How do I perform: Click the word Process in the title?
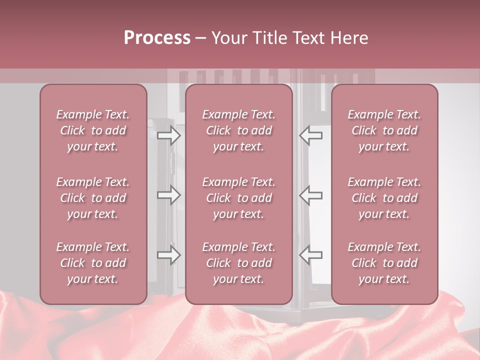pyautogui.click(x=157, y=38)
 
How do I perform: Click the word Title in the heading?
pyautogui.click(x=269, y=38)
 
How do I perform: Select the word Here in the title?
pyautogui.click(x=348, y=38)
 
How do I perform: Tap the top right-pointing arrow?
pyautogui.click(x=169, y=135)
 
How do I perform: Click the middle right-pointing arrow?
pyautogui.click(x=169, y=195)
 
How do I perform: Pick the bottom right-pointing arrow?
pyautogui.click(x=169, y=255)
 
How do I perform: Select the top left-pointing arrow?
pyautogui.click(x=310, y=135)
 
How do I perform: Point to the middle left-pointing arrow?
pyautogui.click(x=310, y=195)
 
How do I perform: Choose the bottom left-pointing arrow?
pyautogui.click(x=310, y=255)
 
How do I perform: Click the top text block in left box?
pyautogui.click(x=93, y=130)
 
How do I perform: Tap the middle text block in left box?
pyautogui.click(x=93, y=198)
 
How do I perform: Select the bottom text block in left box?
pyautogui.click(x=93, y=263)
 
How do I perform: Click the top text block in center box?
pyautogui.click(x=239, y=130)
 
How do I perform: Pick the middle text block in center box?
pyautogui.click(x=239, y=198)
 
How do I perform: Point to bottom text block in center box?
pyautogui.click(x=239, y=263)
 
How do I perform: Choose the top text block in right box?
pyautogui.click(x=384, y=130)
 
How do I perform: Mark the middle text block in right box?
pyautogui.click(x=384, y=198)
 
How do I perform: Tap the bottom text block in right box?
pyautogui.click(x=384, y=263)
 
